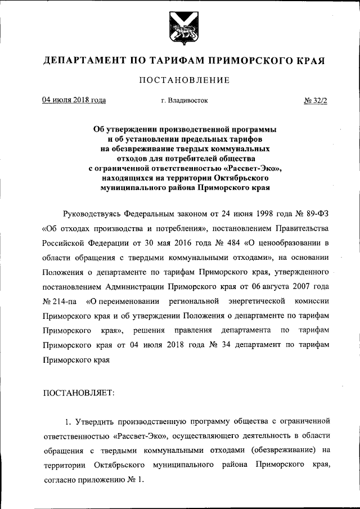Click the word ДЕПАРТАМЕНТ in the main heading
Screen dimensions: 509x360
[x=86, y=60]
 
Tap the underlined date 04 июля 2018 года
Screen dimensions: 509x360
[x=74, y=101]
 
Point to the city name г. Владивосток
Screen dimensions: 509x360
[x=184, y=101]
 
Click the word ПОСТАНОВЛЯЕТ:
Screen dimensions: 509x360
[x=78, y=392]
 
